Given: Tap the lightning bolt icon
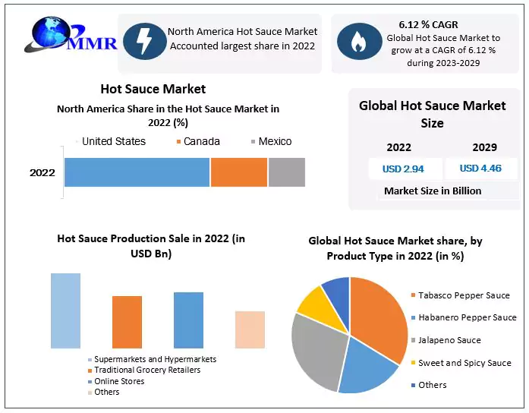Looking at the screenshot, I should pos(143,42).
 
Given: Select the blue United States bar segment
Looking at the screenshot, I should pos(137,172).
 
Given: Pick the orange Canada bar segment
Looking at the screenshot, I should pos(238,172).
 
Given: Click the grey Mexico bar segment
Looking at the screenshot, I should pos(286,172).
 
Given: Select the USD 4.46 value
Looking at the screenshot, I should pos(480,169).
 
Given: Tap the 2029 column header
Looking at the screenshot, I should pos(484,147).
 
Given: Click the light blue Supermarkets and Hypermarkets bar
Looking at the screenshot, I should pos(65,311).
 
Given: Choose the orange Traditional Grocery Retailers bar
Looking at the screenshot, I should pos(127,322).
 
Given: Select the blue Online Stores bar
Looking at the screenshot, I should pos(188,320).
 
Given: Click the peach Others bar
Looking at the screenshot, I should pos(250,329).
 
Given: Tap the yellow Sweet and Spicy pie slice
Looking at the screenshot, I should pos(311,300).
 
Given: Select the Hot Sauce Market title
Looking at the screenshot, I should pos(153,89).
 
